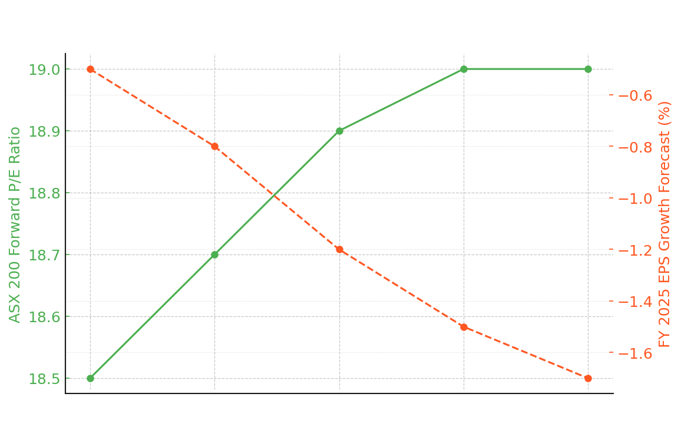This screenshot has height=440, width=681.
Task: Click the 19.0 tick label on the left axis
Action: click(x=44, y=70)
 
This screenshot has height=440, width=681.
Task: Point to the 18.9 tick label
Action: click(x=44, y=131)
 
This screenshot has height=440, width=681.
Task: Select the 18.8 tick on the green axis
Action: click(x=44, y=193)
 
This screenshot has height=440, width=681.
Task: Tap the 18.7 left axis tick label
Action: click(x=44, y=255)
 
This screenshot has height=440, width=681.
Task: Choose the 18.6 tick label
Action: click(x=44, y=317)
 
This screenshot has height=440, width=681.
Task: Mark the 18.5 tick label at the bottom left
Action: click(x=44, y=379)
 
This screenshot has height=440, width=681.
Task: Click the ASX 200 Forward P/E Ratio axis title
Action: click(x=15, y=224)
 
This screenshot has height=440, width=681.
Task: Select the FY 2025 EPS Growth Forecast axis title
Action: click(x=665, y=224)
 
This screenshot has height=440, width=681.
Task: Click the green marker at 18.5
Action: click(x=91, y=378)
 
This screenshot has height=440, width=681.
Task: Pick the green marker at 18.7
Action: click(x=215, y=254)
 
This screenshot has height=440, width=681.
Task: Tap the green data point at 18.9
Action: click(x=339, y=131)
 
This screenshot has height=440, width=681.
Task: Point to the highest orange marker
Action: click(x=91, y=70)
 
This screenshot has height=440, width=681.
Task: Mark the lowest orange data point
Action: click(x=588, y=378)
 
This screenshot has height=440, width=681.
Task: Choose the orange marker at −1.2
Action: click(x=339, y=250)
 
